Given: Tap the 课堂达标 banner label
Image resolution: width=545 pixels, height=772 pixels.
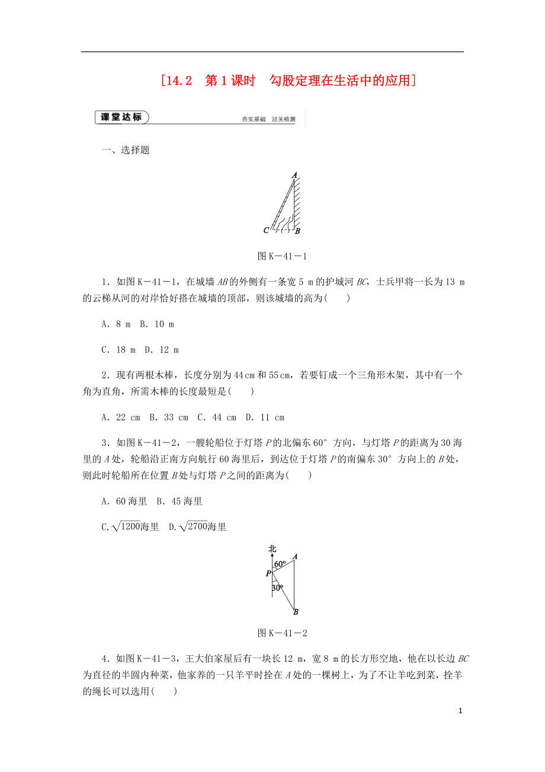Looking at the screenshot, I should coord(121,117).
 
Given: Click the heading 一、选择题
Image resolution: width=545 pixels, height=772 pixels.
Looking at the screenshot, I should coord(126,150).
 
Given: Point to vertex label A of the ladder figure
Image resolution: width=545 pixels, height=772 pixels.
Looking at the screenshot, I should coord(294,174).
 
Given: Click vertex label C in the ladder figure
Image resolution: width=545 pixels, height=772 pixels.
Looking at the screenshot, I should coord(266,230).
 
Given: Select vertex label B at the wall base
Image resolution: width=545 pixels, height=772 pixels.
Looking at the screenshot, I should coord(297,231).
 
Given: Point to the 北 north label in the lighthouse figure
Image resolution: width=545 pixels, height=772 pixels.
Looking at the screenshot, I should coord(272,549).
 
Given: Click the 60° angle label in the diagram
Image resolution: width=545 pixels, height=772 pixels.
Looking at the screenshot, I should coord(280,563).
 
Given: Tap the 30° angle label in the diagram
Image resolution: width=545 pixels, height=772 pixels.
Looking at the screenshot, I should coord(277,588).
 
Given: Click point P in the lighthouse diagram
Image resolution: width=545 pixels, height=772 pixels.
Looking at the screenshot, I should coord(268,573).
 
